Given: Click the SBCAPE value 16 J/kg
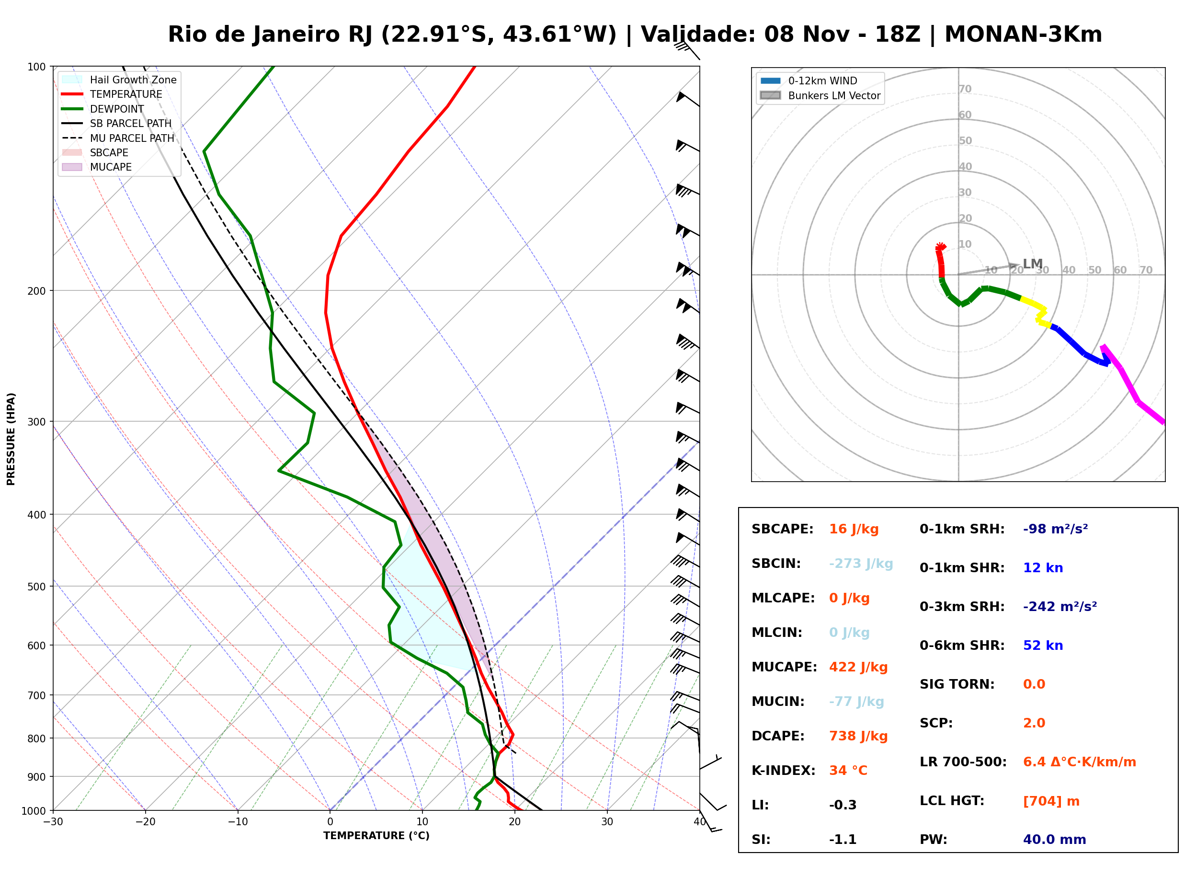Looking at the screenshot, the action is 854,529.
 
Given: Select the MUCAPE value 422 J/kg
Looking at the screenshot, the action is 858,667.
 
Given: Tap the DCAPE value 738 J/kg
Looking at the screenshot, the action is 858,736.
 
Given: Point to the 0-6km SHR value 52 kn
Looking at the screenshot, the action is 1043,646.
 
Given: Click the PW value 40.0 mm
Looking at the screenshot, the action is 1055,840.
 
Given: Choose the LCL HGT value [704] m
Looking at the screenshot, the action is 1051,801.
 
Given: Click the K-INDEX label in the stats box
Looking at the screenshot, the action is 784,771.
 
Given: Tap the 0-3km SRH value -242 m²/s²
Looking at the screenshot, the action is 1060,606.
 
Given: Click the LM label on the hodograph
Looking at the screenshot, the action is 1033,264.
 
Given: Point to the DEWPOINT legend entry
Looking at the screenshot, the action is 103,109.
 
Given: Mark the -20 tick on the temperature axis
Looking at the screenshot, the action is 145,822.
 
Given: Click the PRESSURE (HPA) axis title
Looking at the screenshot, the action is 11,439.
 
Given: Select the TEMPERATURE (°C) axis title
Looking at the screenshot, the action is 376,836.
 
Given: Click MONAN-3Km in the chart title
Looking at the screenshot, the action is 1023,35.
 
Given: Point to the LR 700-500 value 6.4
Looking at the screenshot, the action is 1033,762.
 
